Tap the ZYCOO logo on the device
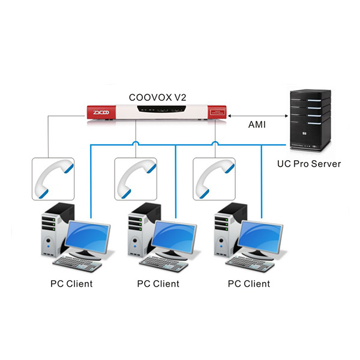(99, 112)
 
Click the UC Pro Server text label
(308, 163)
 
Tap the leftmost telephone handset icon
(53, 179)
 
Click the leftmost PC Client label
(71, 283)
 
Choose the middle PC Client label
(158, 283)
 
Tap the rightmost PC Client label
(249, 283)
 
